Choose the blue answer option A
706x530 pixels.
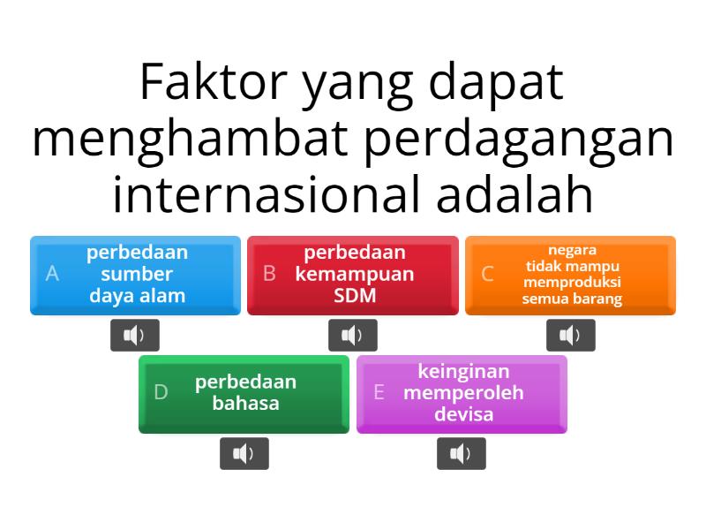coord(135,275)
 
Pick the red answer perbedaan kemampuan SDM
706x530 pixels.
coord(353,275)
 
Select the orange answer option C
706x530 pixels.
coord(570,275)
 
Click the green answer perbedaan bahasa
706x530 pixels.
coord(244,394)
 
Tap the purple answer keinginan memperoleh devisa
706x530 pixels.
coord(462,394)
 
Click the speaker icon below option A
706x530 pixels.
coord(135,335)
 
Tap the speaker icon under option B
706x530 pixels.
coord(353,335)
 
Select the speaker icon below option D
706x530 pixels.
coord(244,454)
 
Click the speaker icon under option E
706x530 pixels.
coord(462,454)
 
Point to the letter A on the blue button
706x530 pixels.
coord(52,274)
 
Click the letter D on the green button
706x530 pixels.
coord(161,393)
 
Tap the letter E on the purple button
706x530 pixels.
coord(379,393)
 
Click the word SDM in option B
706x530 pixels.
coord(355,295)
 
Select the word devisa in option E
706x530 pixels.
coord(463,413)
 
